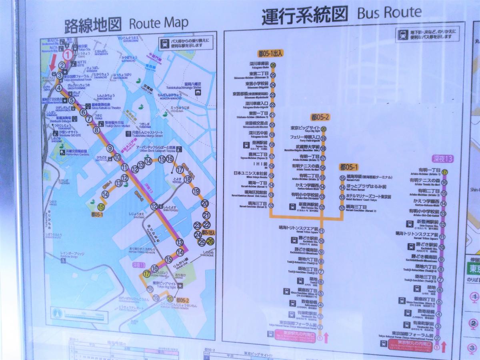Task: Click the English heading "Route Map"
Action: (x=158, y=23)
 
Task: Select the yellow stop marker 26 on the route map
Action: (x=210, y=241)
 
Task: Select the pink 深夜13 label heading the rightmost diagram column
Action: (x=443, y=158)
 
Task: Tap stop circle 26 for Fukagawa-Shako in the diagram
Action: (x=273, y=66)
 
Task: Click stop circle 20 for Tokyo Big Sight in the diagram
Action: (x=323, y=129)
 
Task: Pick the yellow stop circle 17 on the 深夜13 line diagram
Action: (x=444, y=172)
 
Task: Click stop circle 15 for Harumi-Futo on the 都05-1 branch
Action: (x=342, y=178)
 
